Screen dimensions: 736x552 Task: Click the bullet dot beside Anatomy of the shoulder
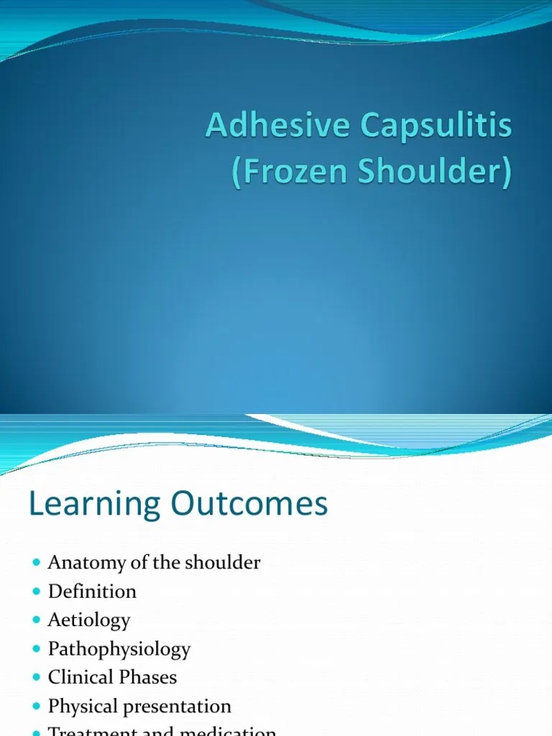(x=37, y=562)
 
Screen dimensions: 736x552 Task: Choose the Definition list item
(x=92, y=592)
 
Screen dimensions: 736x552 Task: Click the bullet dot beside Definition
(x=37, y=591)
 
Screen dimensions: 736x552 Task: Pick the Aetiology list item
(x=89, y=620)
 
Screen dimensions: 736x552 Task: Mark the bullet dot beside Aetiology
(x=37, y=620)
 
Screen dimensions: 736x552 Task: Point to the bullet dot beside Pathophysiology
(x=37, y=648)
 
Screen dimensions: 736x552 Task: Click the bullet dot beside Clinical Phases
(x=37, y=677)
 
